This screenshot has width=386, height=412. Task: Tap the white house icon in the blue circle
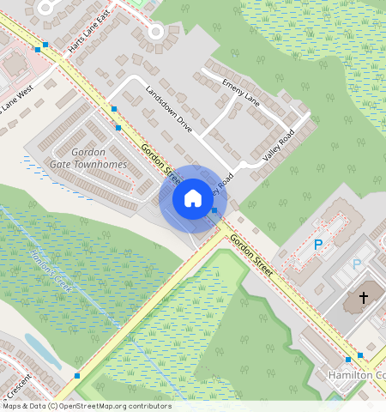(x=193, y=199)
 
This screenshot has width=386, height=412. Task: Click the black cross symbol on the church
(x=363, y=298)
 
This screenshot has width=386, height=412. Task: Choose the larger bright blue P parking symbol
(x=318, y=245)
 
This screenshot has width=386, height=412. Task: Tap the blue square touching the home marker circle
(x=214, y=210)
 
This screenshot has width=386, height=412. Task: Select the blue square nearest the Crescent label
(x=77, y=376)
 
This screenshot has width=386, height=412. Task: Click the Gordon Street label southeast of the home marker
(x=251, y=254)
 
